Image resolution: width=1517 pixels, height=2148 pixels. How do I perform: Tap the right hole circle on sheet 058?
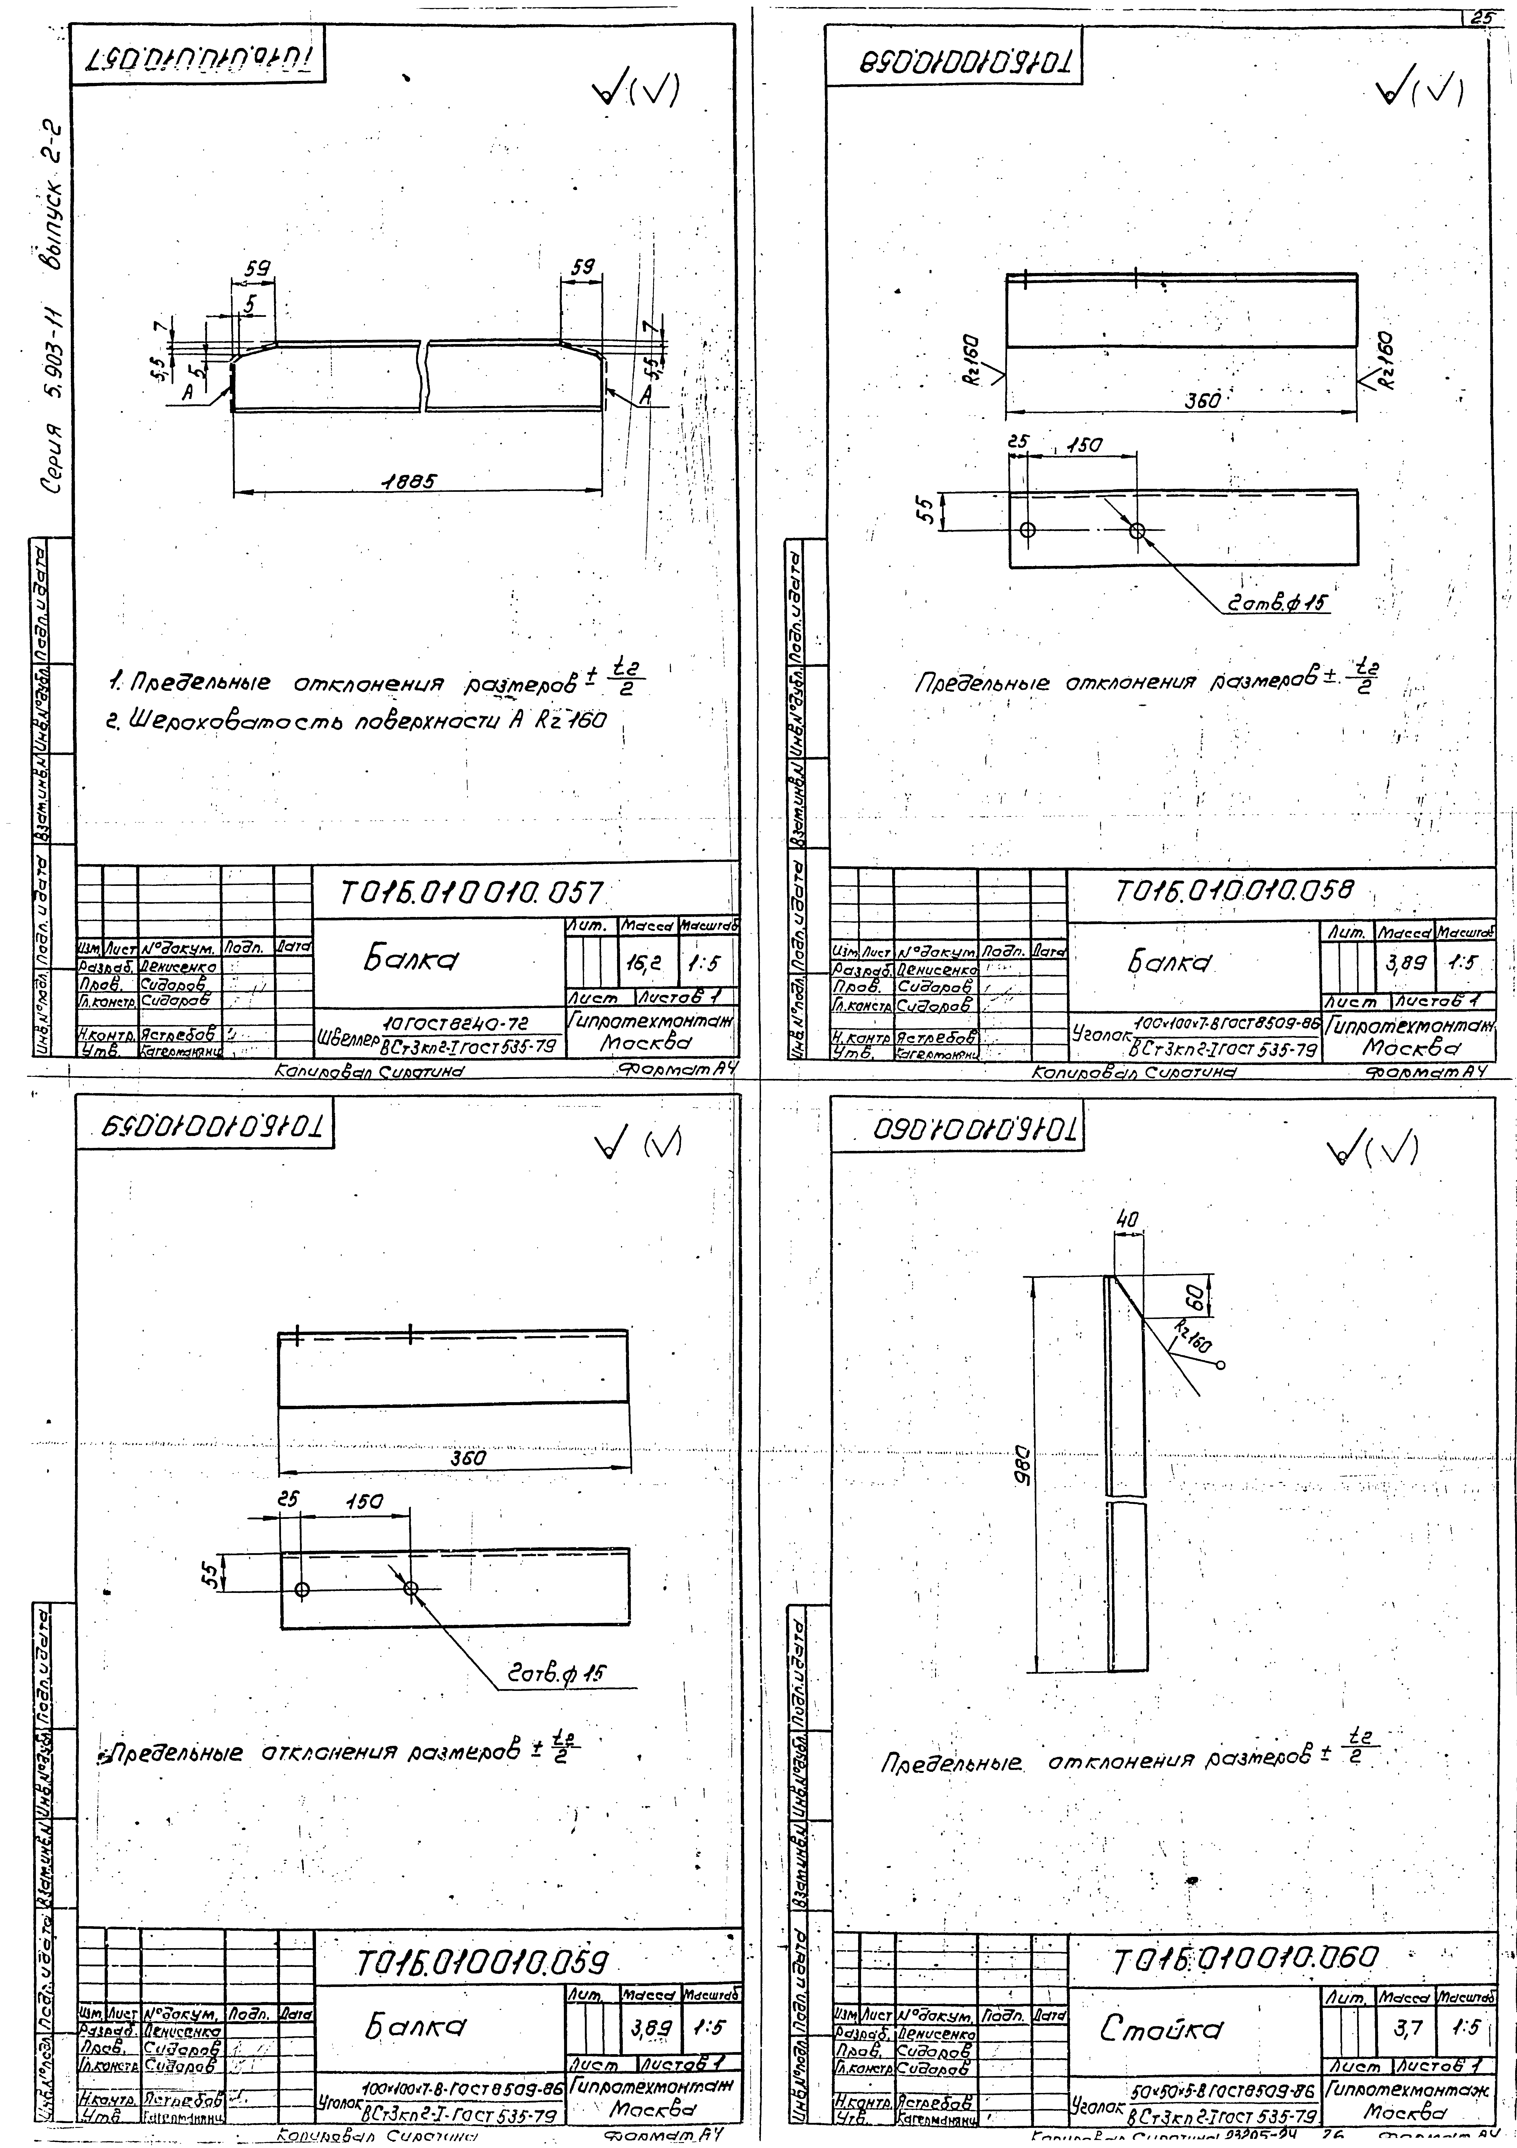pyautogui.click(x=1137, y=530)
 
